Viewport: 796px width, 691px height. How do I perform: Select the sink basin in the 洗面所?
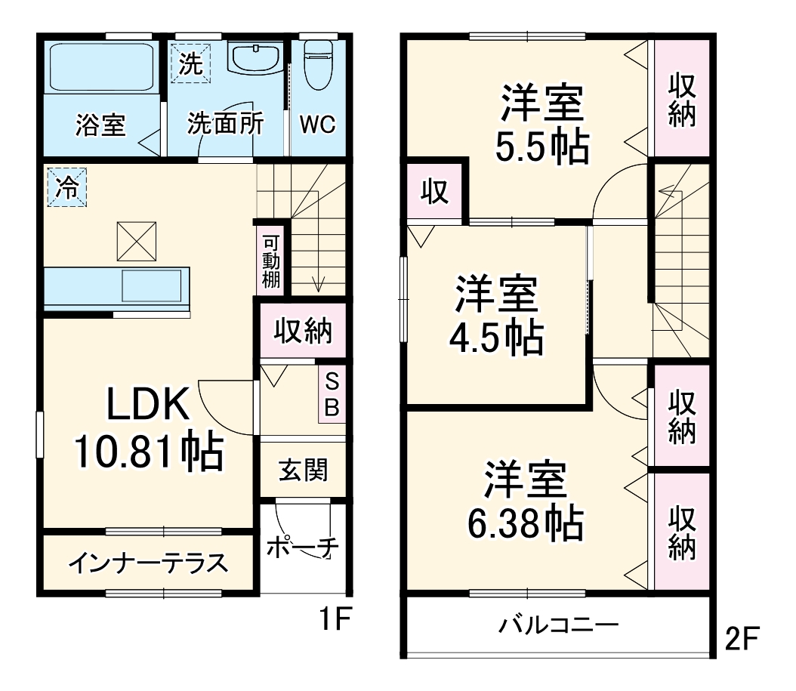pyautogui.click(x=255, y=60)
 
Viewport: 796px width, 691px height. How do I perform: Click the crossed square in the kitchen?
pyautogui.click(x=136, y=240)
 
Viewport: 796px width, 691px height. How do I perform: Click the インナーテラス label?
pyautogui.click(x=148, y=563)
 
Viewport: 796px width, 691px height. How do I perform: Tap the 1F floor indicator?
pyautogui.click(x=333, y=621)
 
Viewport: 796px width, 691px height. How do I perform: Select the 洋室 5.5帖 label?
pyautogui.click(x=542, y=125)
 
